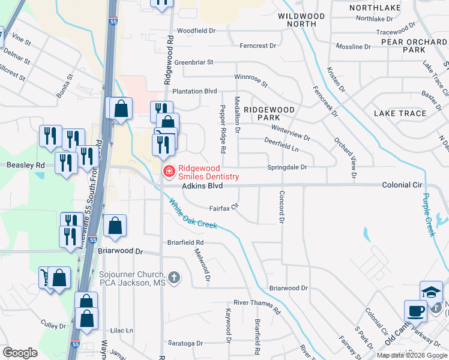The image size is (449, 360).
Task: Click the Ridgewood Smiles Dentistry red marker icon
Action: point(169,173)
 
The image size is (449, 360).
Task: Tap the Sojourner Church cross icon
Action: point(174,277)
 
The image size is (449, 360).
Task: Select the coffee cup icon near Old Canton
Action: point(415,311)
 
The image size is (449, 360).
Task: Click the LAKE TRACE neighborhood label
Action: point(399,113)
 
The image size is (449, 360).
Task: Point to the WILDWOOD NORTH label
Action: point(301,20)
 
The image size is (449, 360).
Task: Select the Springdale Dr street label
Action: point(287,167)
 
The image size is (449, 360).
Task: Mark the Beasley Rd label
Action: point(25,165)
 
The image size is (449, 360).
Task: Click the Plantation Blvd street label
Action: point(194,91)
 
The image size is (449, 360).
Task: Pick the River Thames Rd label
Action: point(257,306)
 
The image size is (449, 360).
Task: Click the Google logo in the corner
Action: point(20,352)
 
